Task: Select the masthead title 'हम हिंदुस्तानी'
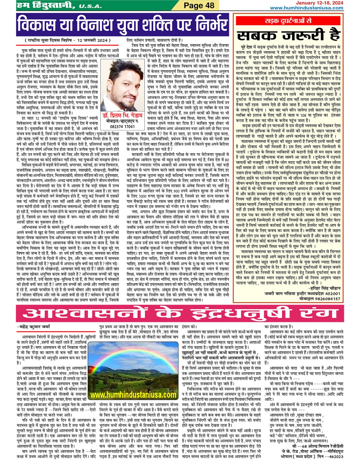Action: pyautogui.click(x=44, y=5)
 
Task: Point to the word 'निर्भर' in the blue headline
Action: pyautogui.click(x=206, y=25)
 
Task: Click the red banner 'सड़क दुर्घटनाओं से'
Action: pyautogui.click(x=288, y=21)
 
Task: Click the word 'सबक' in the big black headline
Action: pyautogui.click(x=258, y=35)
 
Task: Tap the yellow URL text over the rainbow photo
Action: pyautogui.click(x=133, y=395)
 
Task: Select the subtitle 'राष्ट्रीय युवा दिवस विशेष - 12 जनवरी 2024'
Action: pyautogui.click(x=68, y=40)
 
